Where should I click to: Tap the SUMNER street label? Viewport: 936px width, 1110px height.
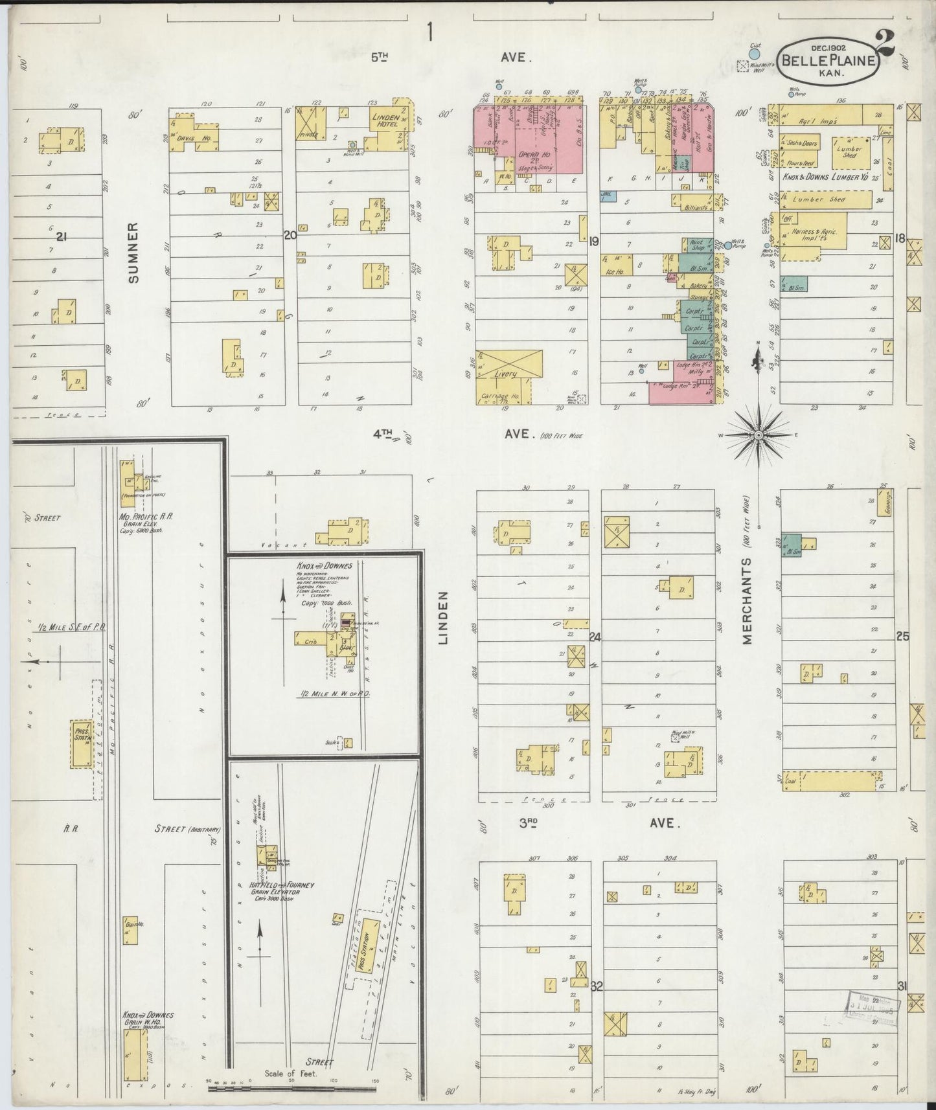(134, 253)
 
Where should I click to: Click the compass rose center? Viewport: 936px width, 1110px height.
(759, 435)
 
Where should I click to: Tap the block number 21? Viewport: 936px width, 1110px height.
(62, 237)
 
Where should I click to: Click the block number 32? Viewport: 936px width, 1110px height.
(597, 986)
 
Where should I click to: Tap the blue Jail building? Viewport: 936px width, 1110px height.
(608, 194)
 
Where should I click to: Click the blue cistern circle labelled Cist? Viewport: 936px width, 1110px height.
(755, 54)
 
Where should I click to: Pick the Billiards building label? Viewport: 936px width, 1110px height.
(695, 208)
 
